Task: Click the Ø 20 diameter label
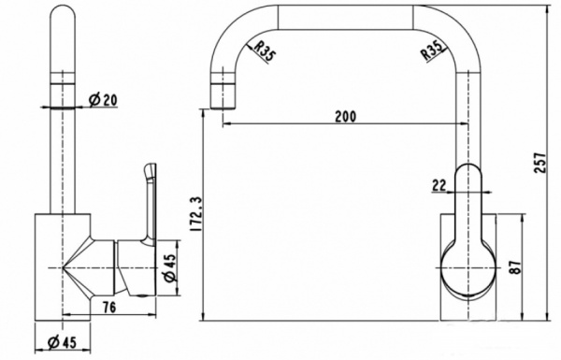click(x=103, y=100)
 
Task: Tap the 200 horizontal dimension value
click(x=346, y=116)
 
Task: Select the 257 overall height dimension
click(x=540, y=163)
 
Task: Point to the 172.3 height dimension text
click(x=197, y=213)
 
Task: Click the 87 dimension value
click(x=515, y=266)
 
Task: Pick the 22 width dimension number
click(x=439, y=185)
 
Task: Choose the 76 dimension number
click(x=109, y=307)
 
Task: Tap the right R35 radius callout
click(x=431, y=50)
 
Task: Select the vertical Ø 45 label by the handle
click(x=170, y=267)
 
